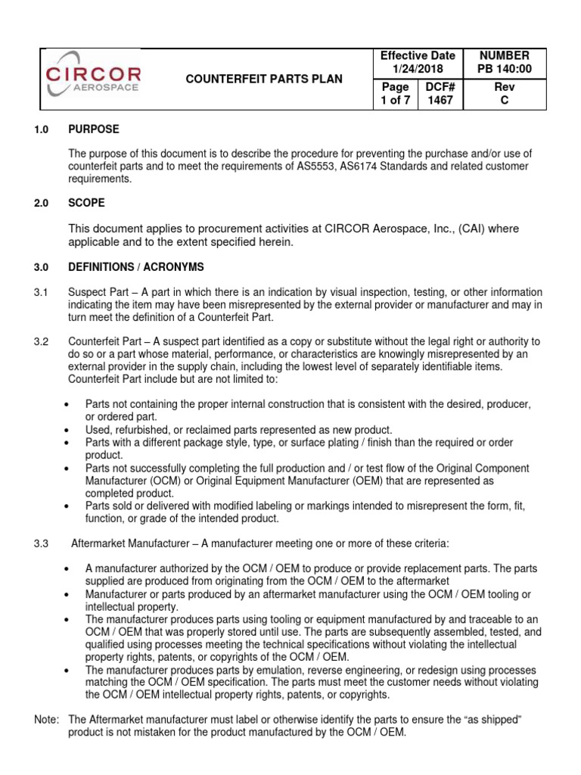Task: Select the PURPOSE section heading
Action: (94, 129)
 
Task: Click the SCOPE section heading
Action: (87, 204)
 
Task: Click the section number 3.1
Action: (41, 292)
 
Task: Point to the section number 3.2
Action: (41, 342)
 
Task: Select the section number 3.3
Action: (41, 543)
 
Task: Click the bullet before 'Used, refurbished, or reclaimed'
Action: (69, 429)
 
